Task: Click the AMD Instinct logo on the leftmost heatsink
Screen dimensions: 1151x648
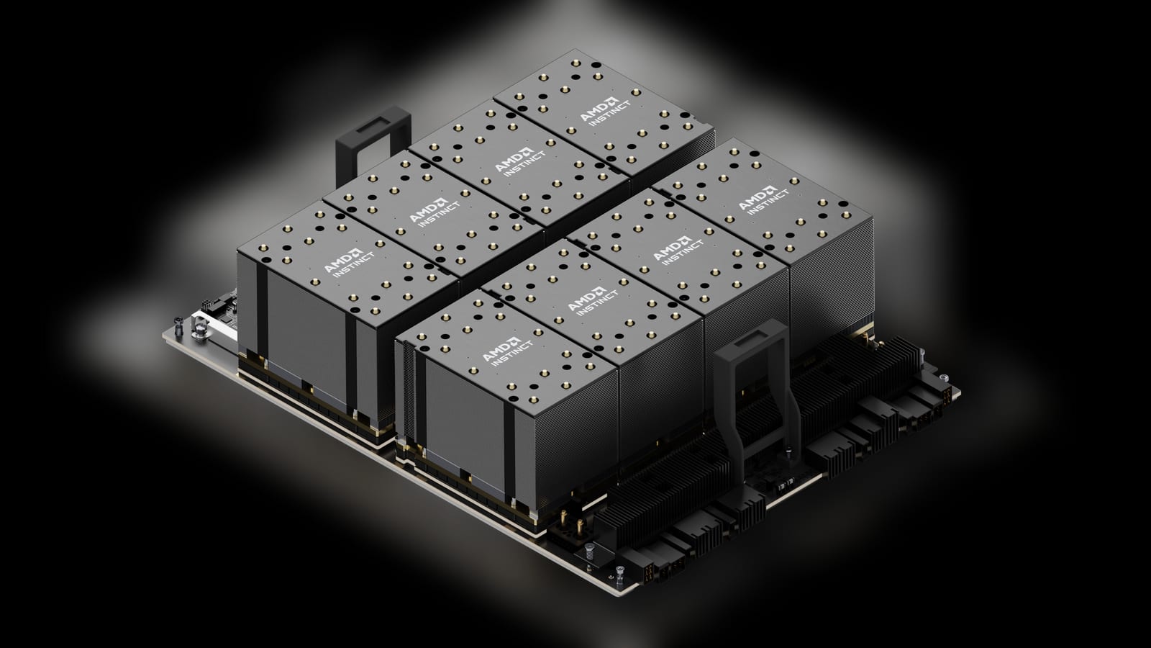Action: [350, 264]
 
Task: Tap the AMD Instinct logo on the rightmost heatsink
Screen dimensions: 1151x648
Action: [763, 202]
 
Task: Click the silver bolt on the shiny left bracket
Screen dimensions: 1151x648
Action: [199, 329]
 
